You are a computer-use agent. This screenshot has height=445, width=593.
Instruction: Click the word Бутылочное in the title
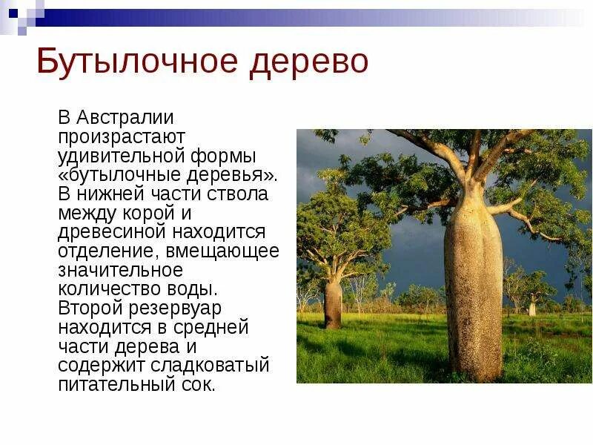[x=137, y=62]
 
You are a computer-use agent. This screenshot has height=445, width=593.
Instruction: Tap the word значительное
[x=120, y=271]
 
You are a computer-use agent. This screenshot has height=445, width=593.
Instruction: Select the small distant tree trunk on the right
[x=531, y=307]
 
